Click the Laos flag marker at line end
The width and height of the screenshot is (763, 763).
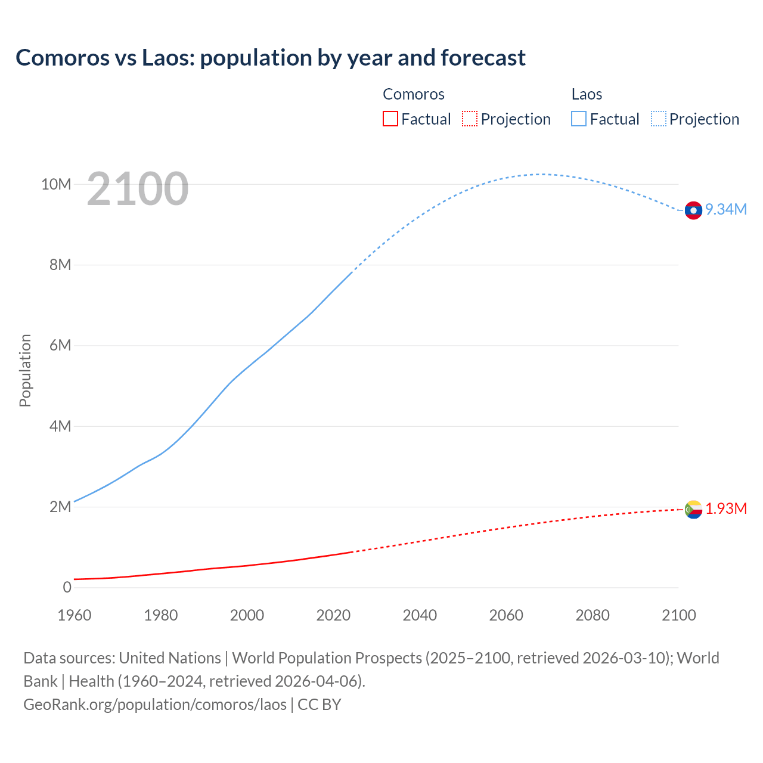point(693,210)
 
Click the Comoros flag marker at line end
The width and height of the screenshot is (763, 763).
point(693,510)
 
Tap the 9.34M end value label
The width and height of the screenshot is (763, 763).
point(726,209)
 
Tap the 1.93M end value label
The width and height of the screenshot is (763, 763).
point(726,508)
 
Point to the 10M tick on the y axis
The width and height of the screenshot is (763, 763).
point(56,184)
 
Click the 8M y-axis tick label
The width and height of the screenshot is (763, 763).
point(60,265)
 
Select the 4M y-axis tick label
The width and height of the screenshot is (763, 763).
point(60,426)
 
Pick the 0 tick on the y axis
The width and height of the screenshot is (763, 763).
point(67,587)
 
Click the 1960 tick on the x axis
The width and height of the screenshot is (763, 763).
point(75,615)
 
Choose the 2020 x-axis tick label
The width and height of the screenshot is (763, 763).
point(333,615)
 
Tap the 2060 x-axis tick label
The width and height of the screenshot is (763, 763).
point(506,615)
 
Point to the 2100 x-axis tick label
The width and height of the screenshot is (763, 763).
point(679,615)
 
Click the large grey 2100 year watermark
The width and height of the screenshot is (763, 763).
point(138,189)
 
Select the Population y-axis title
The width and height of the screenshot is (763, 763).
point(25,370)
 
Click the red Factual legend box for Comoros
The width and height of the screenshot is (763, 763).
point(390,119)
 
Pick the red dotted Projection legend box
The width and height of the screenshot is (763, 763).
point(470,119)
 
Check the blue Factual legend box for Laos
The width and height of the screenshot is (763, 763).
point(579,119)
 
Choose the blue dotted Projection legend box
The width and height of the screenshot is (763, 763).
point(659,119)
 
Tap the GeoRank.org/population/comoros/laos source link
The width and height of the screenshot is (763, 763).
point(155,704)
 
